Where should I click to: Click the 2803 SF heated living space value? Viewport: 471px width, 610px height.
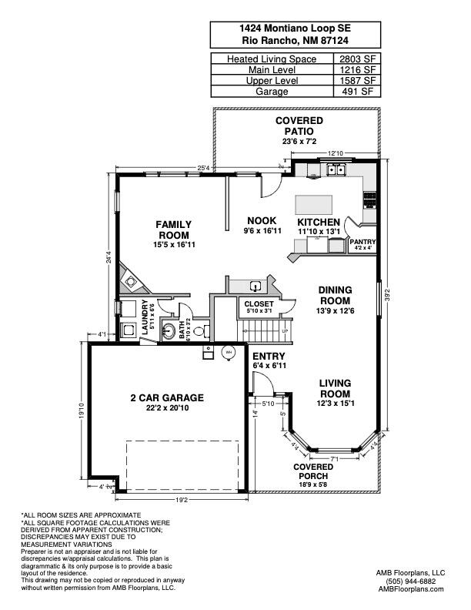358,59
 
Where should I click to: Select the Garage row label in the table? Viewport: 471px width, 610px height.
269,91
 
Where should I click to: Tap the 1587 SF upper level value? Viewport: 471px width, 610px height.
358,80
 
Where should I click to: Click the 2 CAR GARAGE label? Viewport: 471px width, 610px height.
166,397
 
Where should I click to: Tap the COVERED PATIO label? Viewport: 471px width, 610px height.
299,126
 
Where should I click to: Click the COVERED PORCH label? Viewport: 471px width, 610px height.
313,471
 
